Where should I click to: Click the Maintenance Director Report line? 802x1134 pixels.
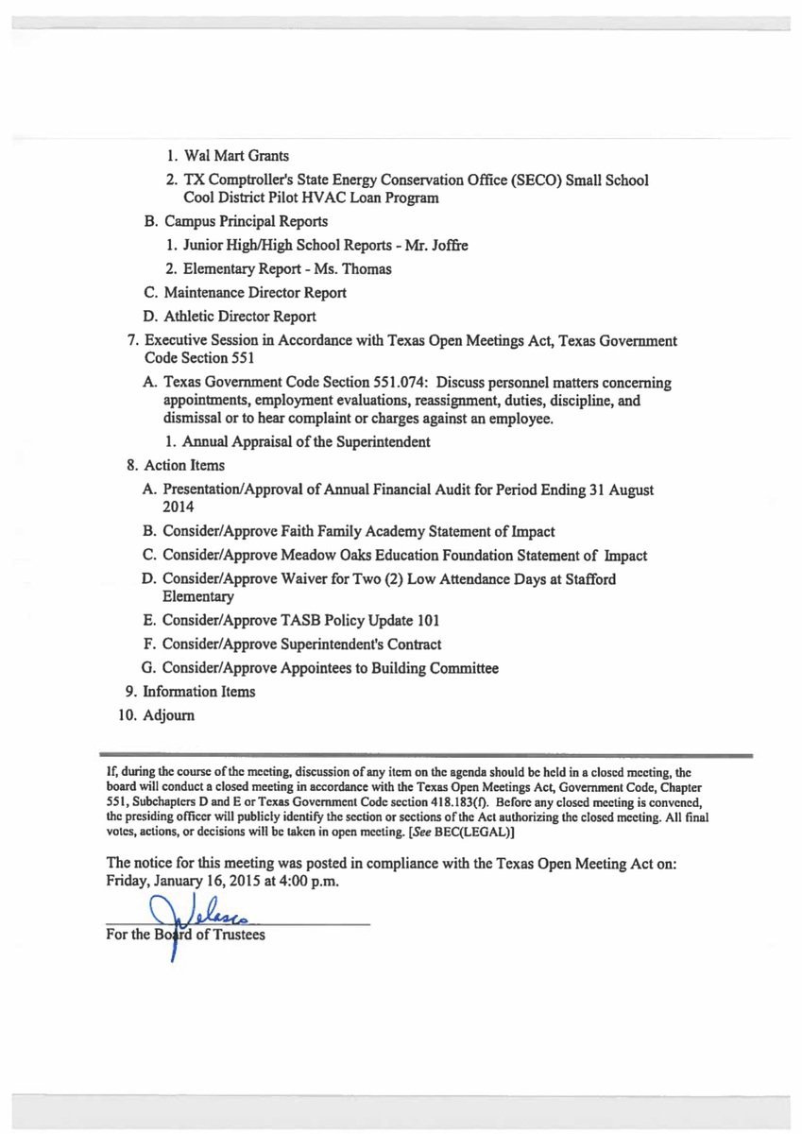254,293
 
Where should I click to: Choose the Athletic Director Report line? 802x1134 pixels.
239,317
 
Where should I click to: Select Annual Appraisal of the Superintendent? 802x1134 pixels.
306,441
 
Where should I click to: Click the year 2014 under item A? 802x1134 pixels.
179,507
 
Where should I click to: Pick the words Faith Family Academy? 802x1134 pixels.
356,531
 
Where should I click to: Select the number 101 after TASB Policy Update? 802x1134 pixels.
426,621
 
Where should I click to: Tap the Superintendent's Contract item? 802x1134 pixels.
361,644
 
